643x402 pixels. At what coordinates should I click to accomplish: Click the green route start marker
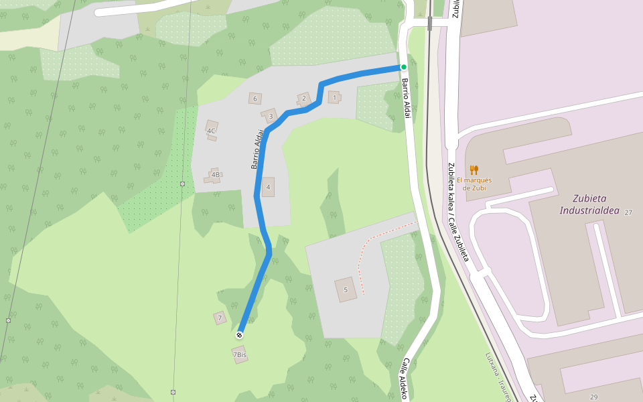click(403, 67)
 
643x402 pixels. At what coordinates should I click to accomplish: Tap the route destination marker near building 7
click(239, 334)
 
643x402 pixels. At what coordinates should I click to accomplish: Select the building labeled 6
click(254, 99)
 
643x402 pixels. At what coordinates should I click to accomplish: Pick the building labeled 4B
click(214, 176)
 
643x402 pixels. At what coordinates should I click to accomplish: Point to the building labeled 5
click(346, 289)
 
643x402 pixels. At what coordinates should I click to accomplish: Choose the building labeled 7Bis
click(240, 354)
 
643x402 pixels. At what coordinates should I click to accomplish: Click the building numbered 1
click(334, 98)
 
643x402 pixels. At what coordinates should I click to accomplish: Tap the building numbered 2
click(304, 99)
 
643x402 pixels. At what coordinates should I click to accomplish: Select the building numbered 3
click(270, 116)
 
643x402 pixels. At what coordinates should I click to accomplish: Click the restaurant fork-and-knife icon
click(474, 170)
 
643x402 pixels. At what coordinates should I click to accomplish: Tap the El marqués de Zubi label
click(474, 184)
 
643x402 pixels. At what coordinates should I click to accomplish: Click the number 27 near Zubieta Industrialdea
click(628, 212)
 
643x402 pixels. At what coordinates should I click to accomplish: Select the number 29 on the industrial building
click(593, 397)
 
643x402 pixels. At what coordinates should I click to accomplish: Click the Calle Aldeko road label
click(404, 379)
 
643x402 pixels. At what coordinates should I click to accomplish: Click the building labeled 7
click(220, 318)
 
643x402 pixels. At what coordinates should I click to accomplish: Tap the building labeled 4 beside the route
click(268, 187)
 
